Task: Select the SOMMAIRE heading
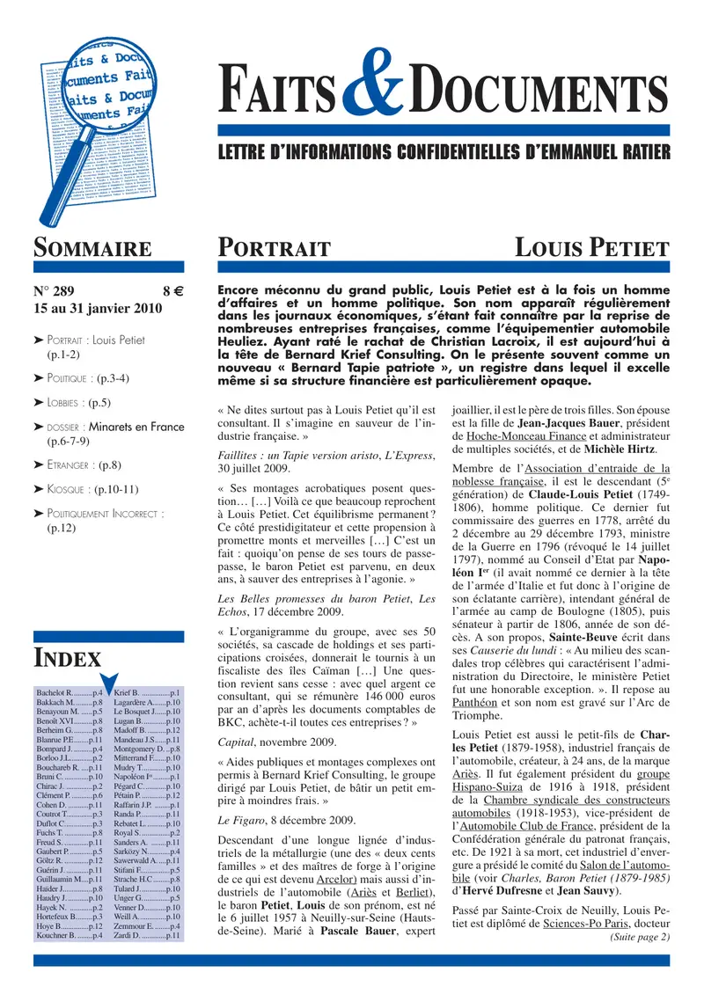[x=92, y=249]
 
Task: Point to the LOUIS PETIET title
[x=591, y=249]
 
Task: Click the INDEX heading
[x=67, y=658]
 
